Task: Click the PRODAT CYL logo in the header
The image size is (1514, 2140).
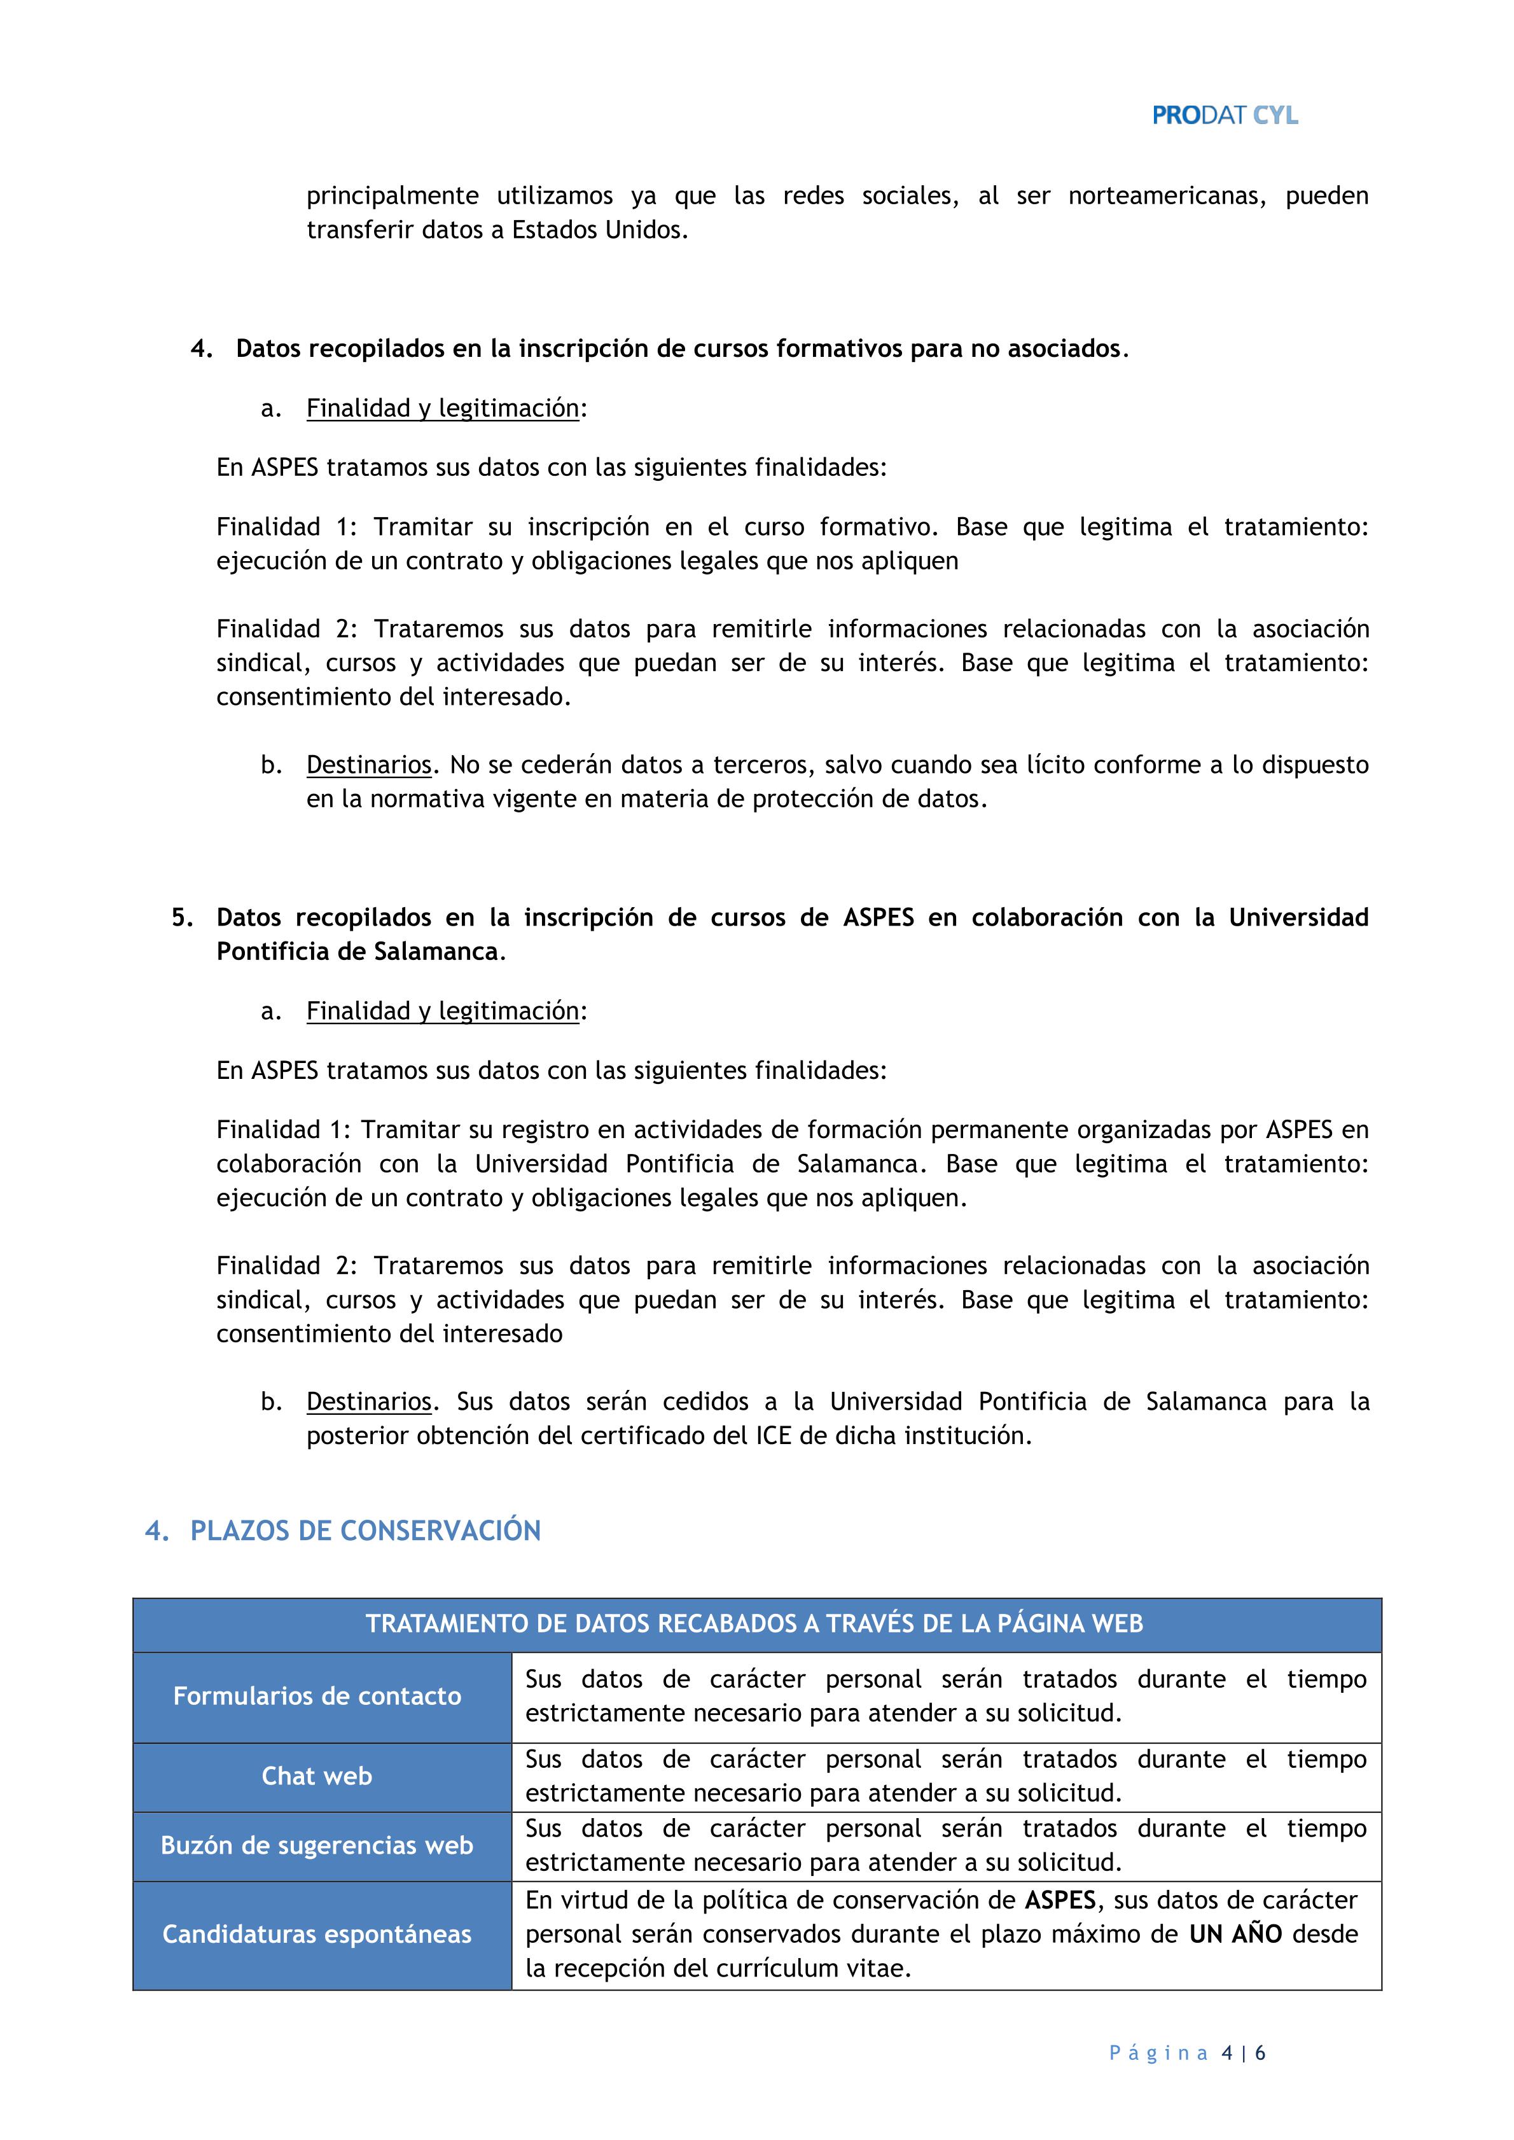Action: (1224, 116)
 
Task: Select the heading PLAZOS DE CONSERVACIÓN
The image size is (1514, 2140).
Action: (365, 1531)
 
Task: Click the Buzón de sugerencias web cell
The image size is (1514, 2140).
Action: (317, 1845)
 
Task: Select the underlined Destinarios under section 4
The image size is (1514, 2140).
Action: (369, 765)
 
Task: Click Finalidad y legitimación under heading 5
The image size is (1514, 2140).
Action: (443, 1011)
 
